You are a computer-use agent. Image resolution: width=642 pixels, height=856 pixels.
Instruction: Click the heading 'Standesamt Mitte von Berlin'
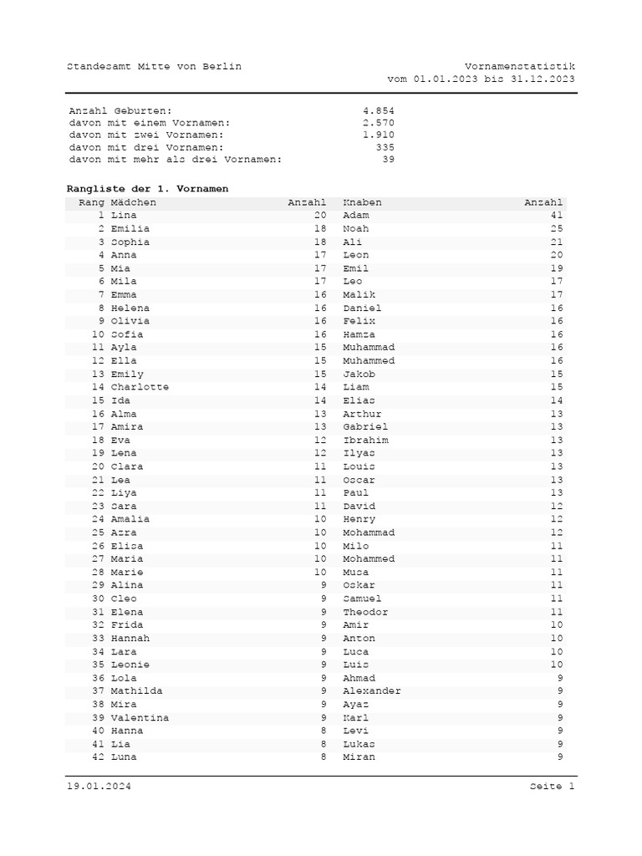pyautogui.click(x=154, y=66)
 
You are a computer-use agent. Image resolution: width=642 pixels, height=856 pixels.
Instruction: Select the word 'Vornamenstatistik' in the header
pyautogui.click(x=519, y=66)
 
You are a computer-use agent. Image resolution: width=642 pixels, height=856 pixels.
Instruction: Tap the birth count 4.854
pyautogui.click(x=379, y=110)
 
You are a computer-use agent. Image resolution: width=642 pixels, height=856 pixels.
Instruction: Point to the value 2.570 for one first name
pyautogui.click(x=379, y=123)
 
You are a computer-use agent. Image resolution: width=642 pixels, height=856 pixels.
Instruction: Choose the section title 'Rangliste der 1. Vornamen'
pyautogui.click(x=147, y=189)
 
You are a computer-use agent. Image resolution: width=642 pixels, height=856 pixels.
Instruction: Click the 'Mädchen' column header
pyautogui.click(x=133, y=202)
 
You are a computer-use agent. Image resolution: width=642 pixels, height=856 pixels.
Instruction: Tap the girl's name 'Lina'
pyautogui.click(x=123, y=216)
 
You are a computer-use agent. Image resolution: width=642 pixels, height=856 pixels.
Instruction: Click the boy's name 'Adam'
pyautogui.click(x=356, y=216)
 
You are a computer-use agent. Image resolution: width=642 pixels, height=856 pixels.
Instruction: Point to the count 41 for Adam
pyautogui.click(x=557, y=216)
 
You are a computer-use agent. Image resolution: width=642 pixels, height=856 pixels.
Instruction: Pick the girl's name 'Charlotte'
pyautogui.click(x=140, y=387)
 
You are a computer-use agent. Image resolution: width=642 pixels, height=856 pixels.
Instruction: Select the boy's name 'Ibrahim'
pyautogui.click(x=365, y=440)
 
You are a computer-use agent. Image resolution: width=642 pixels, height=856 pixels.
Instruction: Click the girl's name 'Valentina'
pyautogui.click(x=140, y=717)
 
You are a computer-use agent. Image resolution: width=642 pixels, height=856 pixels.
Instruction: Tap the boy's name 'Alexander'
pyautogui.click(x=372, y=691)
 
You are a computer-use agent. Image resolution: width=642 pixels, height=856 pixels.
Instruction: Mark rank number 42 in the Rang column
pyautogui.click(x=98, y=757)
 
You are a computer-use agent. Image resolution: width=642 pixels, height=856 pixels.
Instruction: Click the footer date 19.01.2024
pyautogui.click(x=99, y=787)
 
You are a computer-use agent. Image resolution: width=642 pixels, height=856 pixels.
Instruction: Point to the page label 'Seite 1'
pyautogui.click(x=552, y=787)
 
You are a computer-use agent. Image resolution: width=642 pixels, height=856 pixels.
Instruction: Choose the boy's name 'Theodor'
pyautogui.click(x=365, y=612)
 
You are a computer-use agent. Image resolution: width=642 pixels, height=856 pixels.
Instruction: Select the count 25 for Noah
pyautogui.click(x=557, y=228)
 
